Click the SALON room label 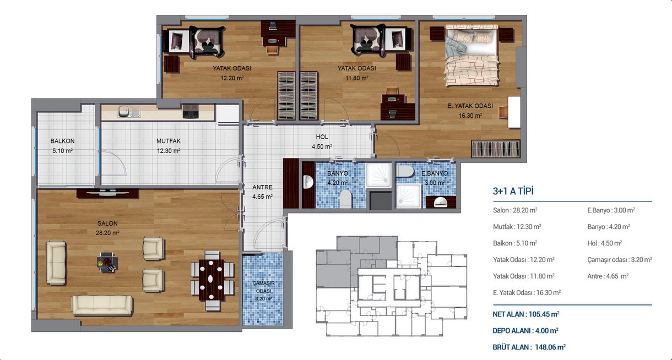coord(107,223)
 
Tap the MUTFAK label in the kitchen coord(169,141)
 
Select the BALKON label coord(62,141)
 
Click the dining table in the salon coord(211,280)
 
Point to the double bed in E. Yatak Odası coord(472,56)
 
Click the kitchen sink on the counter coord(129,112)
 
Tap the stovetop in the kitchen coord(191,111)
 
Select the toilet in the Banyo coord(345,198)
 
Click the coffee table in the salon coord(107,263)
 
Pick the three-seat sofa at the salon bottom coord(102,305)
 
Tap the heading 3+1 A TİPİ coord(513,191)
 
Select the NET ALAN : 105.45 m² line coord(526,314)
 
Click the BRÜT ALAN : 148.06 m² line coord(529,347)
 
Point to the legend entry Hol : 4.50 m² coord(604,243)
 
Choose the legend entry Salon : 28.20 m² coord(515,210)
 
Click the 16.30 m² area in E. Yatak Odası coord(470,116)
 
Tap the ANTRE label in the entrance coord(263,187)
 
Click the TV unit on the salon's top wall coord(107,193)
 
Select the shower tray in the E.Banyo coord(409,196)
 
